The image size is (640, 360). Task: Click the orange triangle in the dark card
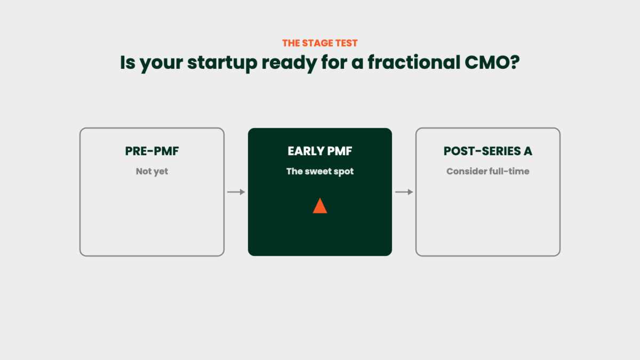click(319, 206)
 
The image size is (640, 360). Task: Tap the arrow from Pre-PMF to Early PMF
click(236, 192)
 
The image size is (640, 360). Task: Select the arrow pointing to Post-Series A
click(404, 192)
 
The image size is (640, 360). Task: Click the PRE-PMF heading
click(152, 151)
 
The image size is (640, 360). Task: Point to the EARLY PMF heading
click(319, 151)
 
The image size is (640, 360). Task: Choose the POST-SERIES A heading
click(487, 151)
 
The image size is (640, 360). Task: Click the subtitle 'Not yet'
click(152, 171)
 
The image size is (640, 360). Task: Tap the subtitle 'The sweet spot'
click(319, 171)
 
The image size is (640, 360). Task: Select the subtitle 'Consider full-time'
click(487, 171)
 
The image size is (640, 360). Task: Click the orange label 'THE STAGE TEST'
click(319, 43)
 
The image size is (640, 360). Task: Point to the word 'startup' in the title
click(222, 63)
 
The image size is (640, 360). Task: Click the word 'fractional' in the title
click(414, 62)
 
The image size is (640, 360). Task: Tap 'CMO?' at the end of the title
click(492, 62)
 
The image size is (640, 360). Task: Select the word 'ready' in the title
click(289, 63)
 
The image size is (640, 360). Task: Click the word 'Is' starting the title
click(127, 62)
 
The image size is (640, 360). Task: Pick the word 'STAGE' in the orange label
click(318, 43)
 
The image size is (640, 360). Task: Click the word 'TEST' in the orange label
click(346, 43)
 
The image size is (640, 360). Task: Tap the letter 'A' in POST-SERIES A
click(527, 151)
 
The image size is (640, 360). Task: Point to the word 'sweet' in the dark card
click(318, 171)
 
